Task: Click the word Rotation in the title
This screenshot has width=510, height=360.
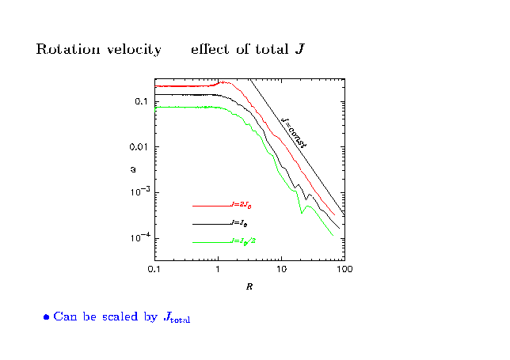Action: (64, 50)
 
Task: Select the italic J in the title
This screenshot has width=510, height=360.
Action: (299, 49)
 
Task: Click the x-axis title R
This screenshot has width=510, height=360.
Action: (249, 286)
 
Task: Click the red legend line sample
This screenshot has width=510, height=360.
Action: (211, 206)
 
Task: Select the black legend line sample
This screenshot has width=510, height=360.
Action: (211, 224)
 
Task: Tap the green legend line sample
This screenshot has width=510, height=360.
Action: (211, 242)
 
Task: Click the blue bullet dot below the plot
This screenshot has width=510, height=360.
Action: (47, 317)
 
